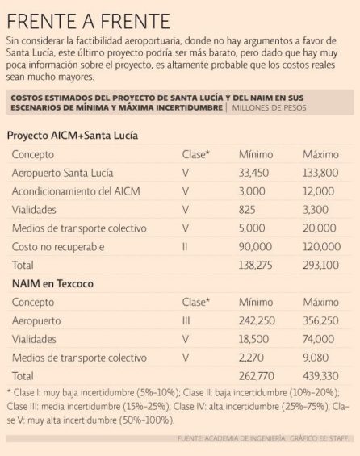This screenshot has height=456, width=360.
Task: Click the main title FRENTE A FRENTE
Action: (x=89, y=21)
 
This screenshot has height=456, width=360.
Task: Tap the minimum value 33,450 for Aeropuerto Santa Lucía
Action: (x=253, y=173)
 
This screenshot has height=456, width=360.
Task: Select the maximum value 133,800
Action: (x=320, y=173)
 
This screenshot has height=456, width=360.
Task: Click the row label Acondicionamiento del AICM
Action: (x=76, y=191)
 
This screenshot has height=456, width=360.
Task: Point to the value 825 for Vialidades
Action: (x=247, y=210)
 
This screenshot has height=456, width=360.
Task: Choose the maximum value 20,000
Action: (x=320, y=228)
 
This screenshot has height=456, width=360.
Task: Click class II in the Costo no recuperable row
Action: (x=185, y=247)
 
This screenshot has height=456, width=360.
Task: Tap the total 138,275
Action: (x=255, y=266)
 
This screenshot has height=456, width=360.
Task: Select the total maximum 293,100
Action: (x=320, y=266)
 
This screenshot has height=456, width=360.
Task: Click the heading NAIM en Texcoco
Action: (x=52, y=283)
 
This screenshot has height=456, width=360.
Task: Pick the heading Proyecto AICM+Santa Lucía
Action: (x=73, y=136)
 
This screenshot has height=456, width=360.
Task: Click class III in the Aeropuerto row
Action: (x=186, y=320)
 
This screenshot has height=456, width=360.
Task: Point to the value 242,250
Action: (x=257, y=320)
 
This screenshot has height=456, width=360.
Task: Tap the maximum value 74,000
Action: (x=318, y=339)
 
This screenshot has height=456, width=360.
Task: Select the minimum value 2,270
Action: (x=251, y=358)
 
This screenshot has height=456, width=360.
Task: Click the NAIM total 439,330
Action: (x=320, y=376)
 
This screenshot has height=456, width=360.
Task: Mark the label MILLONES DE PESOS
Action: (x=269, y=108)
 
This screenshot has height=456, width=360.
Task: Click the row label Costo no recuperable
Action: (x=58, y=247)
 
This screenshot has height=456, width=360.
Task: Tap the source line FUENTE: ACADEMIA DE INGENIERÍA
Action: (x=232, y=438)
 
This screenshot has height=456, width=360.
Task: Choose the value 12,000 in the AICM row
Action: (x=318, y=191)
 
